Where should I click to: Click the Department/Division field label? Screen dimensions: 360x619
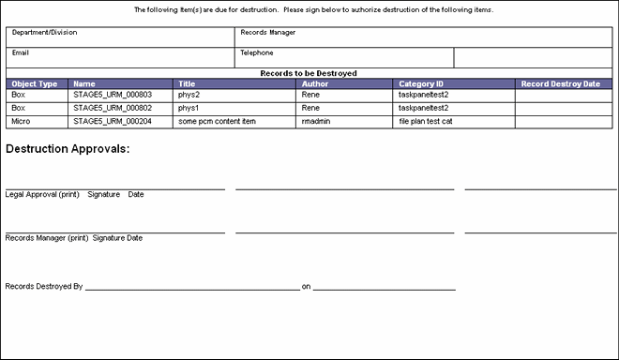tap(44, 33)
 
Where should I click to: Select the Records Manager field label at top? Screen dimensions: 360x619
tap(269, 33)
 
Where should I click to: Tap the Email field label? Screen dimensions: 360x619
tap(21, 52)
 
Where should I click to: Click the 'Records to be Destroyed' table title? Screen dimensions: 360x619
tap(309, 73)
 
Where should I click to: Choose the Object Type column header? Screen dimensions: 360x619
tap(35, 84)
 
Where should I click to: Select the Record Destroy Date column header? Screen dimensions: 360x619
tap(561, 84)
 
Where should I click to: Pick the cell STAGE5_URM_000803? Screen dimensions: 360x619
tap(113, 95)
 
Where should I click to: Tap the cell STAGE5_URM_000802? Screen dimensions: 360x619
tap(113, 108)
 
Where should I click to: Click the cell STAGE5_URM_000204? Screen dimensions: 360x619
tap(113, 121)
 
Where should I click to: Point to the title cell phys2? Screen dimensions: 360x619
tap(190, 95)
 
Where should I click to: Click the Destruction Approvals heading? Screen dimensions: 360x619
tap(68, 150)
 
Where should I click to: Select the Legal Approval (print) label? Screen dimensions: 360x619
tap(42, 195)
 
